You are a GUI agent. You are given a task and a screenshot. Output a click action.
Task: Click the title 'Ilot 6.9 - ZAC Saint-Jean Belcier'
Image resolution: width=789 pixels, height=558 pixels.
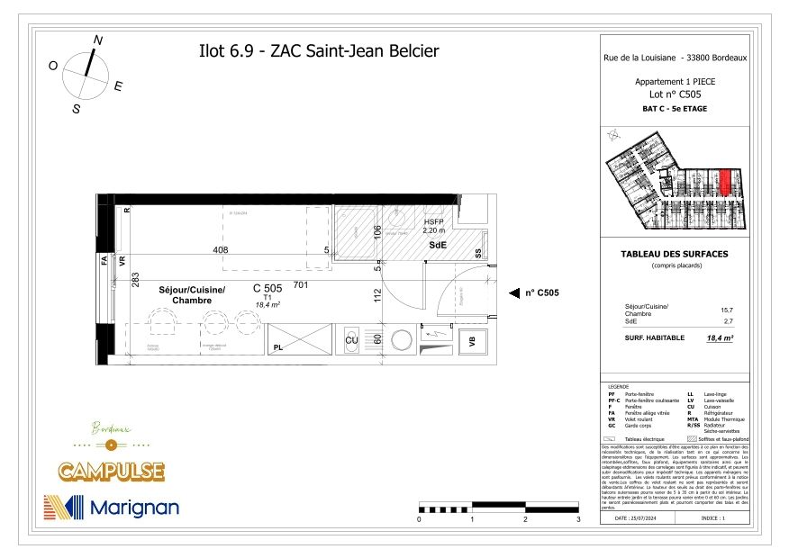318,51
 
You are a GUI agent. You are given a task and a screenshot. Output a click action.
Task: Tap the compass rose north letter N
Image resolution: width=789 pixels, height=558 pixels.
98,40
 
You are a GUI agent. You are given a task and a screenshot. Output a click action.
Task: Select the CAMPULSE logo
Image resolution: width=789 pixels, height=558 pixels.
111,471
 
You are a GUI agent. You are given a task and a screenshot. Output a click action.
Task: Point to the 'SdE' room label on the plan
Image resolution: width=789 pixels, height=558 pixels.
438,245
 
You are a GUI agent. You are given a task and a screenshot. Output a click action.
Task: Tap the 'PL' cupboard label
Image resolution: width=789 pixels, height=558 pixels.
279,346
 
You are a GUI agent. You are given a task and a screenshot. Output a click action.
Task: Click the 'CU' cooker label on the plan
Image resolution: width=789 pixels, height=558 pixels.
352,341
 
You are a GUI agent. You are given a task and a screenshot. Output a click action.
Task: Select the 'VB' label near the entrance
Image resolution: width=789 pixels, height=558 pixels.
470,341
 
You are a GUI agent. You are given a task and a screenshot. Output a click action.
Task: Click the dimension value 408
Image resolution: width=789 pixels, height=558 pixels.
221,250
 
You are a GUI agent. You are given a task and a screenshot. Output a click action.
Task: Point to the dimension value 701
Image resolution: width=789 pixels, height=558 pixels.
301,286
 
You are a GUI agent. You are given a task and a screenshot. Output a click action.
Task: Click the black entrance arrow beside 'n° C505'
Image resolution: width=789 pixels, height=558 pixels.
514,292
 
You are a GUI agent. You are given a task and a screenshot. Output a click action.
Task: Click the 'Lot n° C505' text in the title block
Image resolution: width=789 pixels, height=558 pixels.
675,94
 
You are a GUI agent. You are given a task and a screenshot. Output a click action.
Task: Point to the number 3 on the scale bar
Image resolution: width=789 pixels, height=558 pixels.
577,520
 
